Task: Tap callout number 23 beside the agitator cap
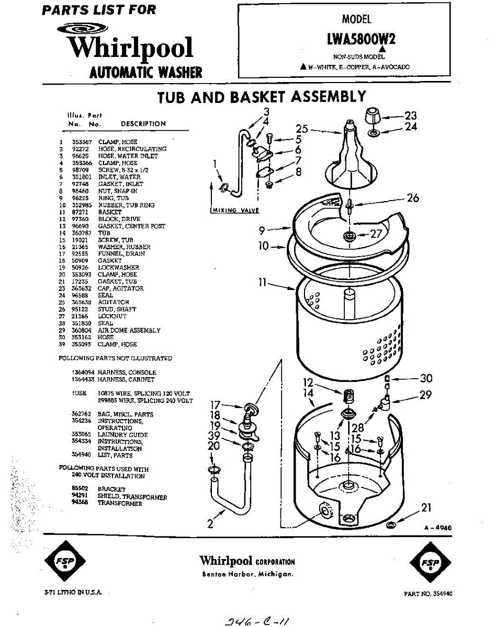point(411,115)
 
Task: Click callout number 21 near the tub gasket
point(427,507)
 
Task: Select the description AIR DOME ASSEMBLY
point(129,330)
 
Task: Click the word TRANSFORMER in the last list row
point(120,504)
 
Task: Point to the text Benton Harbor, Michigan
point(247,574)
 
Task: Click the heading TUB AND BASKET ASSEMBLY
point(262,97)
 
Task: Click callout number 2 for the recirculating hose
point(210,524)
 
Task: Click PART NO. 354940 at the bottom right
point(429,594)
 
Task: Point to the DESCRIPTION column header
point(143,124)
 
